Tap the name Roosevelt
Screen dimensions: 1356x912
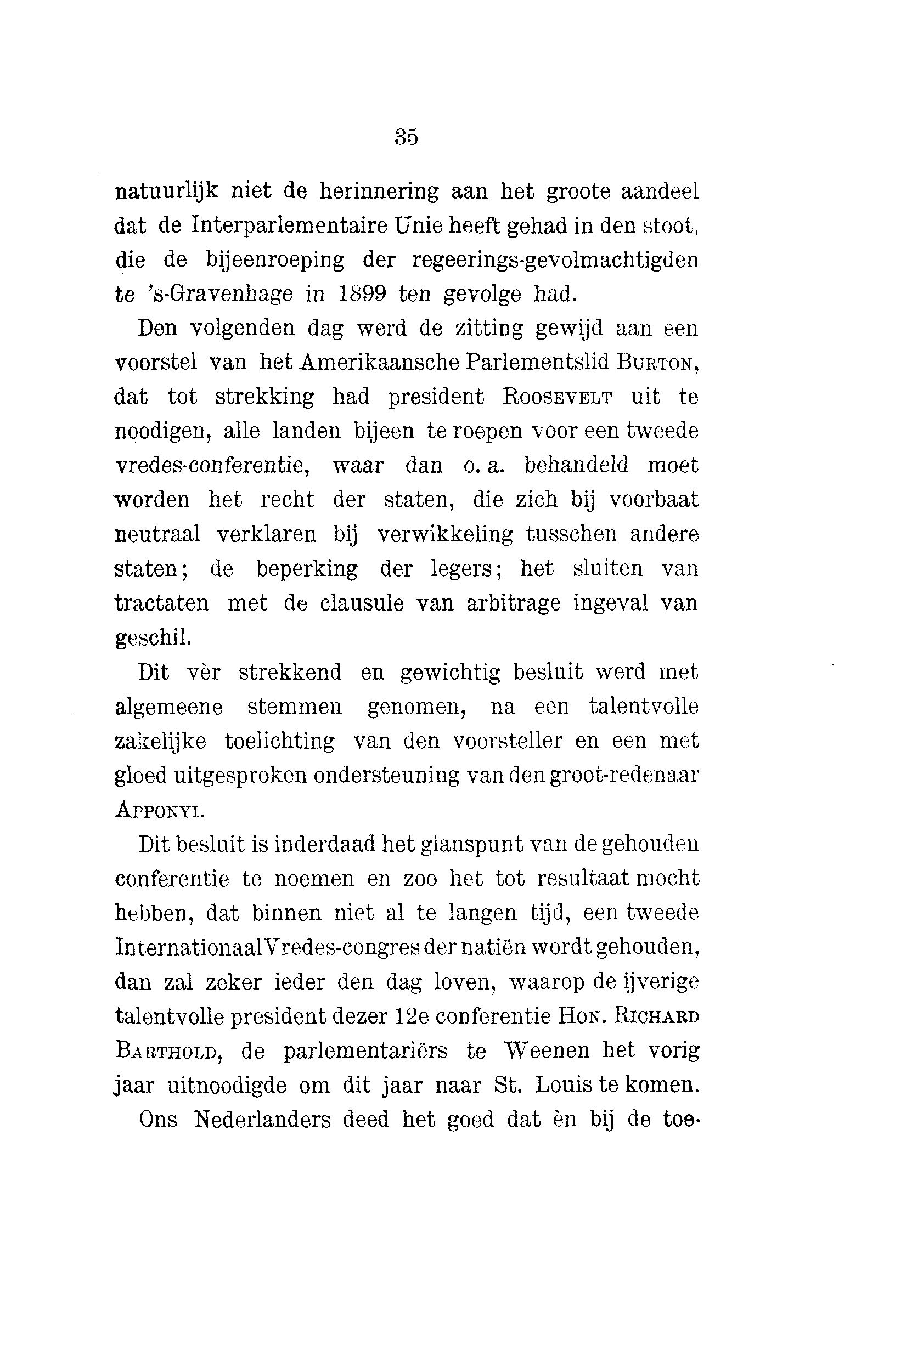557,397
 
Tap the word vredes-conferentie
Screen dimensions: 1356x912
212,466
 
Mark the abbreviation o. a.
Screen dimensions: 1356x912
483,466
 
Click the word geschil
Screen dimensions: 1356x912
153,638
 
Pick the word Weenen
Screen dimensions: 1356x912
546,1050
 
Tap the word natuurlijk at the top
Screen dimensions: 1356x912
166,191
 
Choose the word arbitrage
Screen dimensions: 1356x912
513,603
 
